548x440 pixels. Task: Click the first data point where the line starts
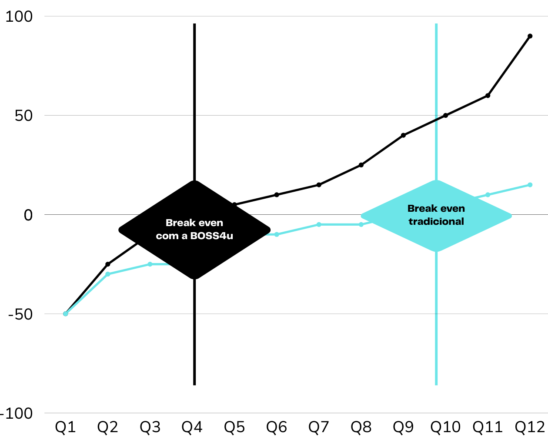(x=66, y=313)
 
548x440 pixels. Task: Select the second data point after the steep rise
(x=108, y=274)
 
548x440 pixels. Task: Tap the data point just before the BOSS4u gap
(x=150, y=264)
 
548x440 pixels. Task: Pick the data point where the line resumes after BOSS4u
(x=277, y=234)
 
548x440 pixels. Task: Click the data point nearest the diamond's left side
(x=361, y=224)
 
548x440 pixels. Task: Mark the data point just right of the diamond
(x=488, y=194)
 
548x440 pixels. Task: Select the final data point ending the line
(x=530, y=185)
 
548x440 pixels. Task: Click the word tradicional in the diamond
(x=436, y=222)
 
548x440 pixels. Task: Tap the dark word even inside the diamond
(x=452, y=209)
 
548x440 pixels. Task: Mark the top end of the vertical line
(x=436, y=25)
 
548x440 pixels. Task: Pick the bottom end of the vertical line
(x=436, y=384)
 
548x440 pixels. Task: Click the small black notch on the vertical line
(x=436, y=119)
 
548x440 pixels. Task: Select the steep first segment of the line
(x=87, y=293)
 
